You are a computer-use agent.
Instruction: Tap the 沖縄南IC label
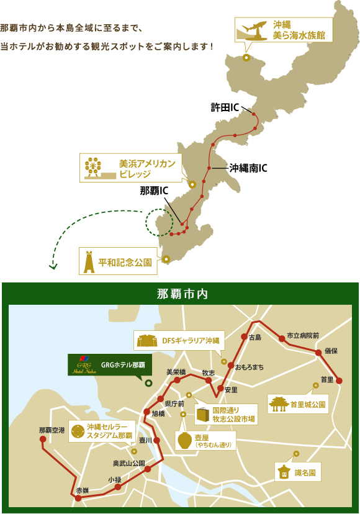point(248,168)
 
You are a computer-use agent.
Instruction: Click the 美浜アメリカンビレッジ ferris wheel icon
point(94,168)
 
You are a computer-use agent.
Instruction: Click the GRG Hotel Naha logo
point(83,364)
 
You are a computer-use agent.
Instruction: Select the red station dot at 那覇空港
point(43,440)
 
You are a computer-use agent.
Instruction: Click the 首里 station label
point(327,379)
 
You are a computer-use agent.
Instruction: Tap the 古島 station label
point(254,338)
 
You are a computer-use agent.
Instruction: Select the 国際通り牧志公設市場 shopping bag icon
point(202,414)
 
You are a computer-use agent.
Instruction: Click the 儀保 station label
point(330,351)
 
